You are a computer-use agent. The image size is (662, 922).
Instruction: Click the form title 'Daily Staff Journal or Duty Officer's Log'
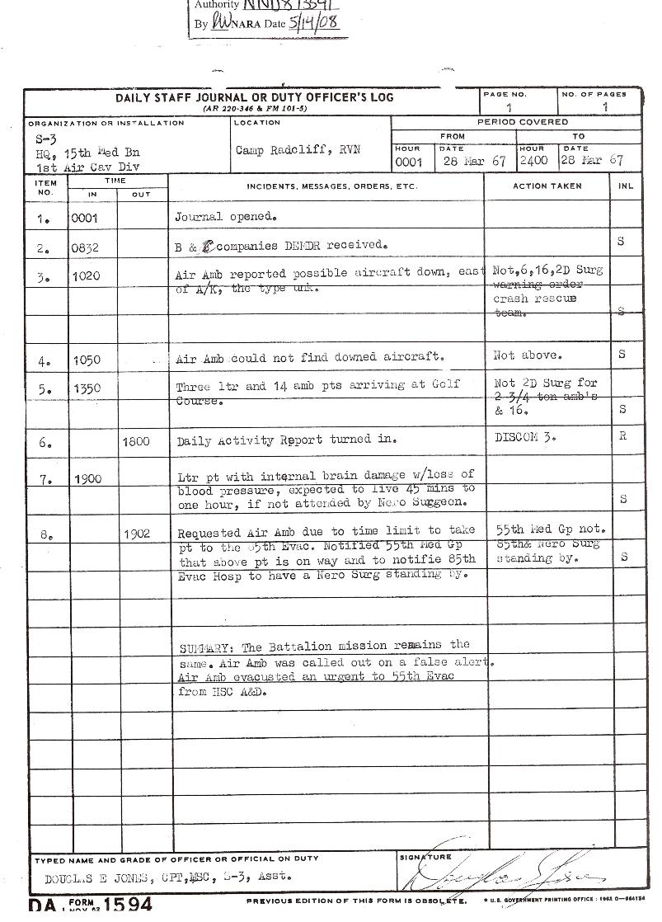pyautogui.click(x=254, y=97)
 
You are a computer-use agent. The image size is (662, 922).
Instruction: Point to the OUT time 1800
pyautogui.click(x=135, y=442)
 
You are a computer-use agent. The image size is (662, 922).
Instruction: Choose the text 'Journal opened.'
pyautogui.click(x=225, y=217)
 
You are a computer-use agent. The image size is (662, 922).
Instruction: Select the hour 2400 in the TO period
pyautogui.click(x=533, y=161)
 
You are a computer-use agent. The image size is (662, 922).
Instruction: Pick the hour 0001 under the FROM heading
pyautogui.click(x=408, y=162)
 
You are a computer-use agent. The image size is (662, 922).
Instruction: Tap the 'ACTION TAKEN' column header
pyautogui.click(x=547, y=186)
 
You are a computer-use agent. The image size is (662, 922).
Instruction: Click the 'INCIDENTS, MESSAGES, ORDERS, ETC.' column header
pyautogui.click(x=331, y=186)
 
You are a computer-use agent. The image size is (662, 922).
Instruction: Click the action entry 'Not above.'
pyautogui.click(x=528, y=355)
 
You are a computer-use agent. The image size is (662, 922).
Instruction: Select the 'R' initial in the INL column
pyautogui.click(x=622, y=436)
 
